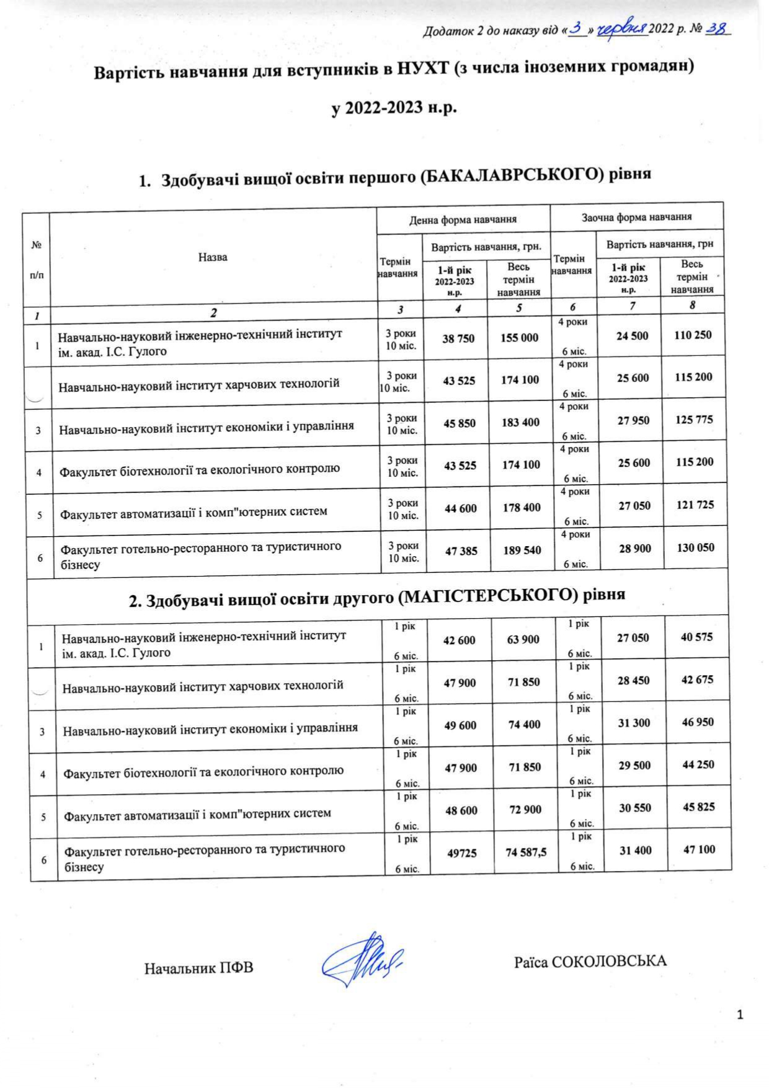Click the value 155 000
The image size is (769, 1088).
click(519, 337)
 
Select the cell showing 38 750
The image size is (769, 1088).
click(458, 338)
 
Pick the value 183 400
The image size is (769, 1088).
click(520, 422)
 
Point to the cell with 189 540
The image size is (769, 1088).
click(522, 550)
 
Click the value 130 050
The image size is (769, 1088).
click(695, 547)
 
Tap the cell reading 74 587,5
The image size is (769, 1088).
click(526, 852)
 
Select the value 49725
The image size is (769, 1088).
click(462, 853)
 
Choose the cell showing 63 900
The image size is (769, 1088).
click(523, 639)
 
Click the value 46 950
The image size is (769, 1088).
click(698, 722)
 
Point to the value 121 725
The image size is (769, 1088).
click(694, 505)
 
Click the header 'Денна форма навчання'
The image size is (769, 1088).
click(463, 219)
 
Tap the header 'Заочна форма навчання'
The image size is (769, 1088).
click(636, 217)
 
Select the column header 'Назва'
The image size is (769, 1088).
click(213, 257)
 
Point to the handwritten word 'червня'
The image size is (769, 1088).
click(622, 29)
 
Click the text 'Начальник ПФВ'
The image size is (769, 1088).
click(199, 968)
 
